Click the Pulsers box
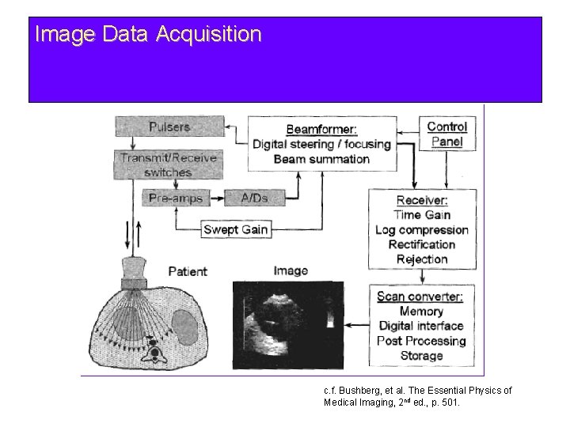[169, 126]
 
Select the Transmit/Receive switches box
[168, 164]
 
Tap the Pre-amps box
[174, 198]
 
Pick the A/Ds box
[247, 198]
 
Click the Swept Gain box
[236, 230]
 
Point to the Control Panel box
[447, 134]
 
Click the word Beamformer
[321, 129]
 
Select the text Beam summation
[321, 159]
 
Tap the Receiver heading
[422, 200]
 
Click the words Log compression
[422, 230]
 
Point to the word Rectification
[422, 244]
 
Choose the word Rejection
[422, 259]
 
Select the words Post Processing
[422, 341]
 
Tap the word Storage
[422, 356]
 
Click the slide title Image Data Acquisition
[148, 35]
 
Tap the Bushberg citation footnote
[418, 396]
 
